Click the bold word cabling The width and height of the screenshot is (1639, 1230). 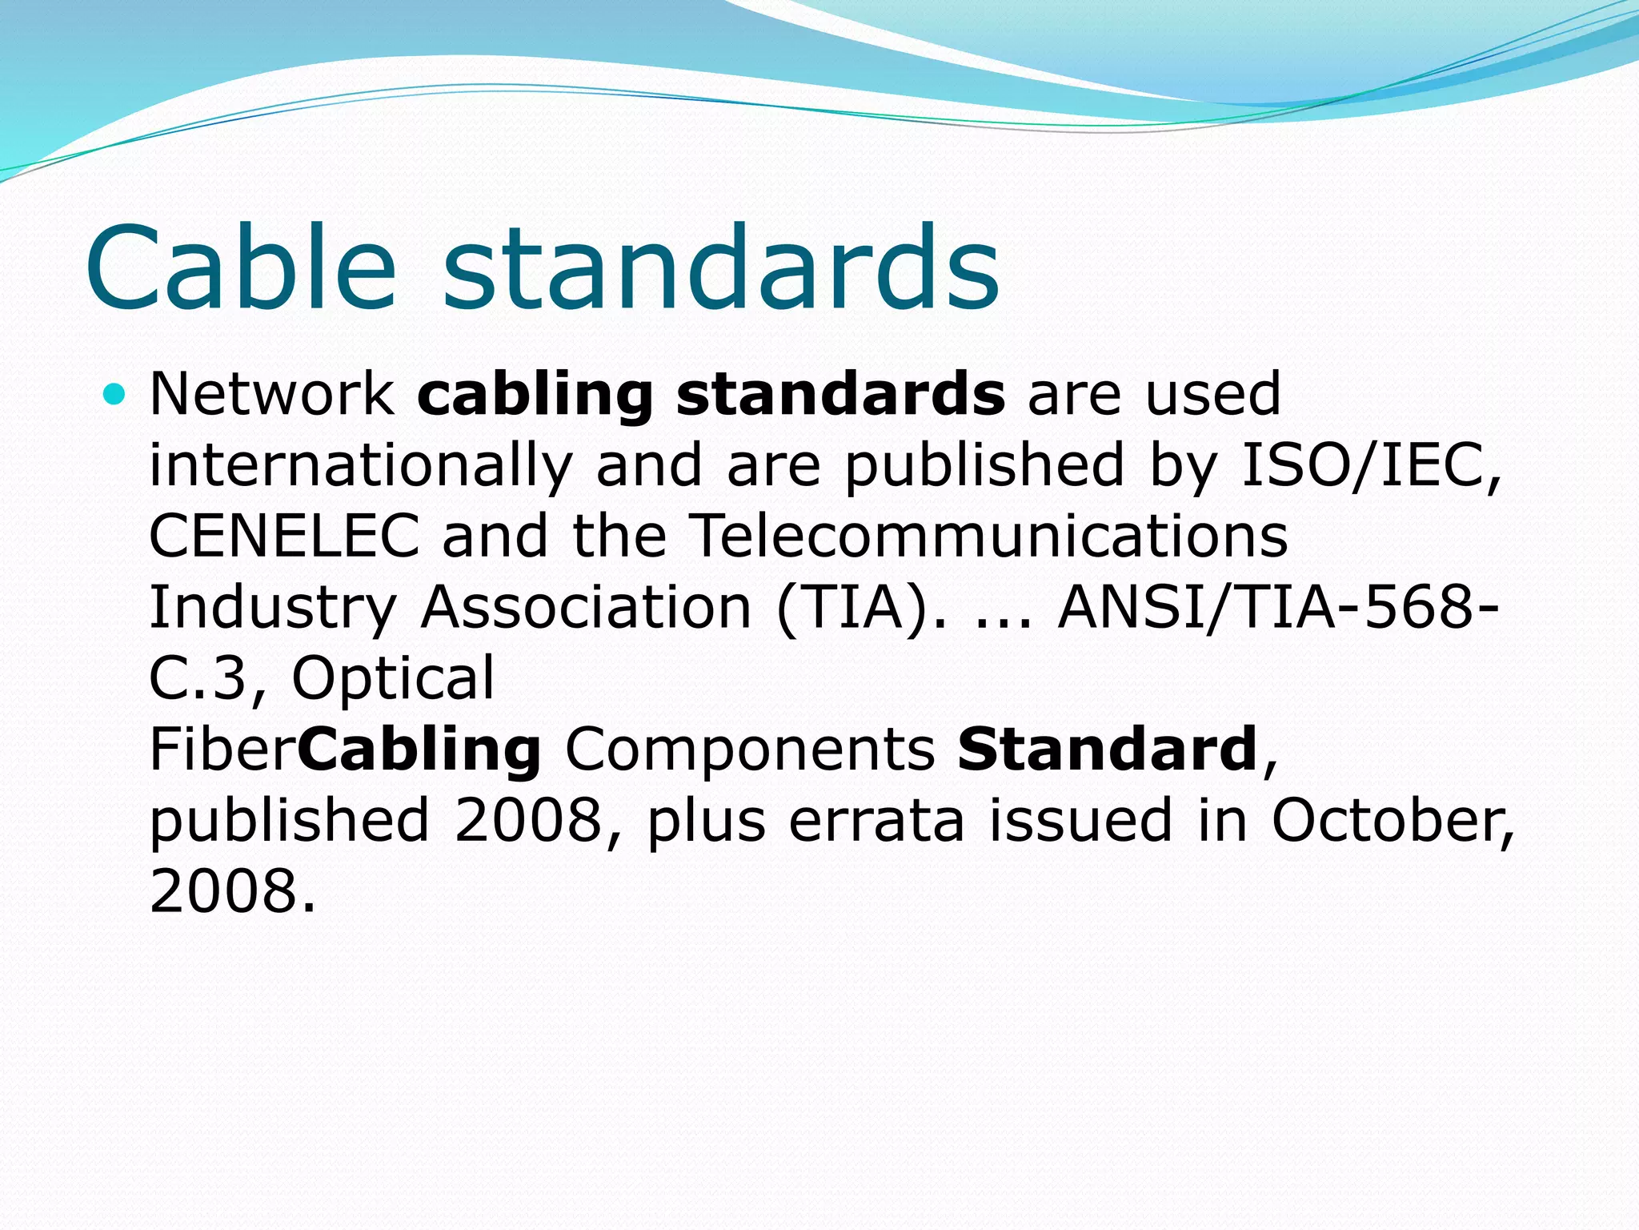[x=535, y=394]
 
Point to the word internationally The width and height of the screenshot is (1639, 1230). [x=361, y=465]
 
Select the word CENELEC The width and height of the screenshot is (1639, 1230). [x=284, y=536]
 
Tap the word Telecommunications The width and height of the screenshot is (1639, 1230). [x=988, y=536]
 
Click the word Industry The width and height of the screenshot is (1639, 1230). [x=273, y=607]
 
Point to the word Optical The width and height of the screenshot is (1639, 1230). [x=393, y=677]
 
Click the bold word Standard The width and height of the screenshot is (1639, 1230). [x=1107, y=749]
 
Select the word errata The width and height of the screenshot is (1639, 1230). [x=876, y=820]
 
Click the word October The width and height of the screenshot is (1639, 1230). [x=1392, y=820]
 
